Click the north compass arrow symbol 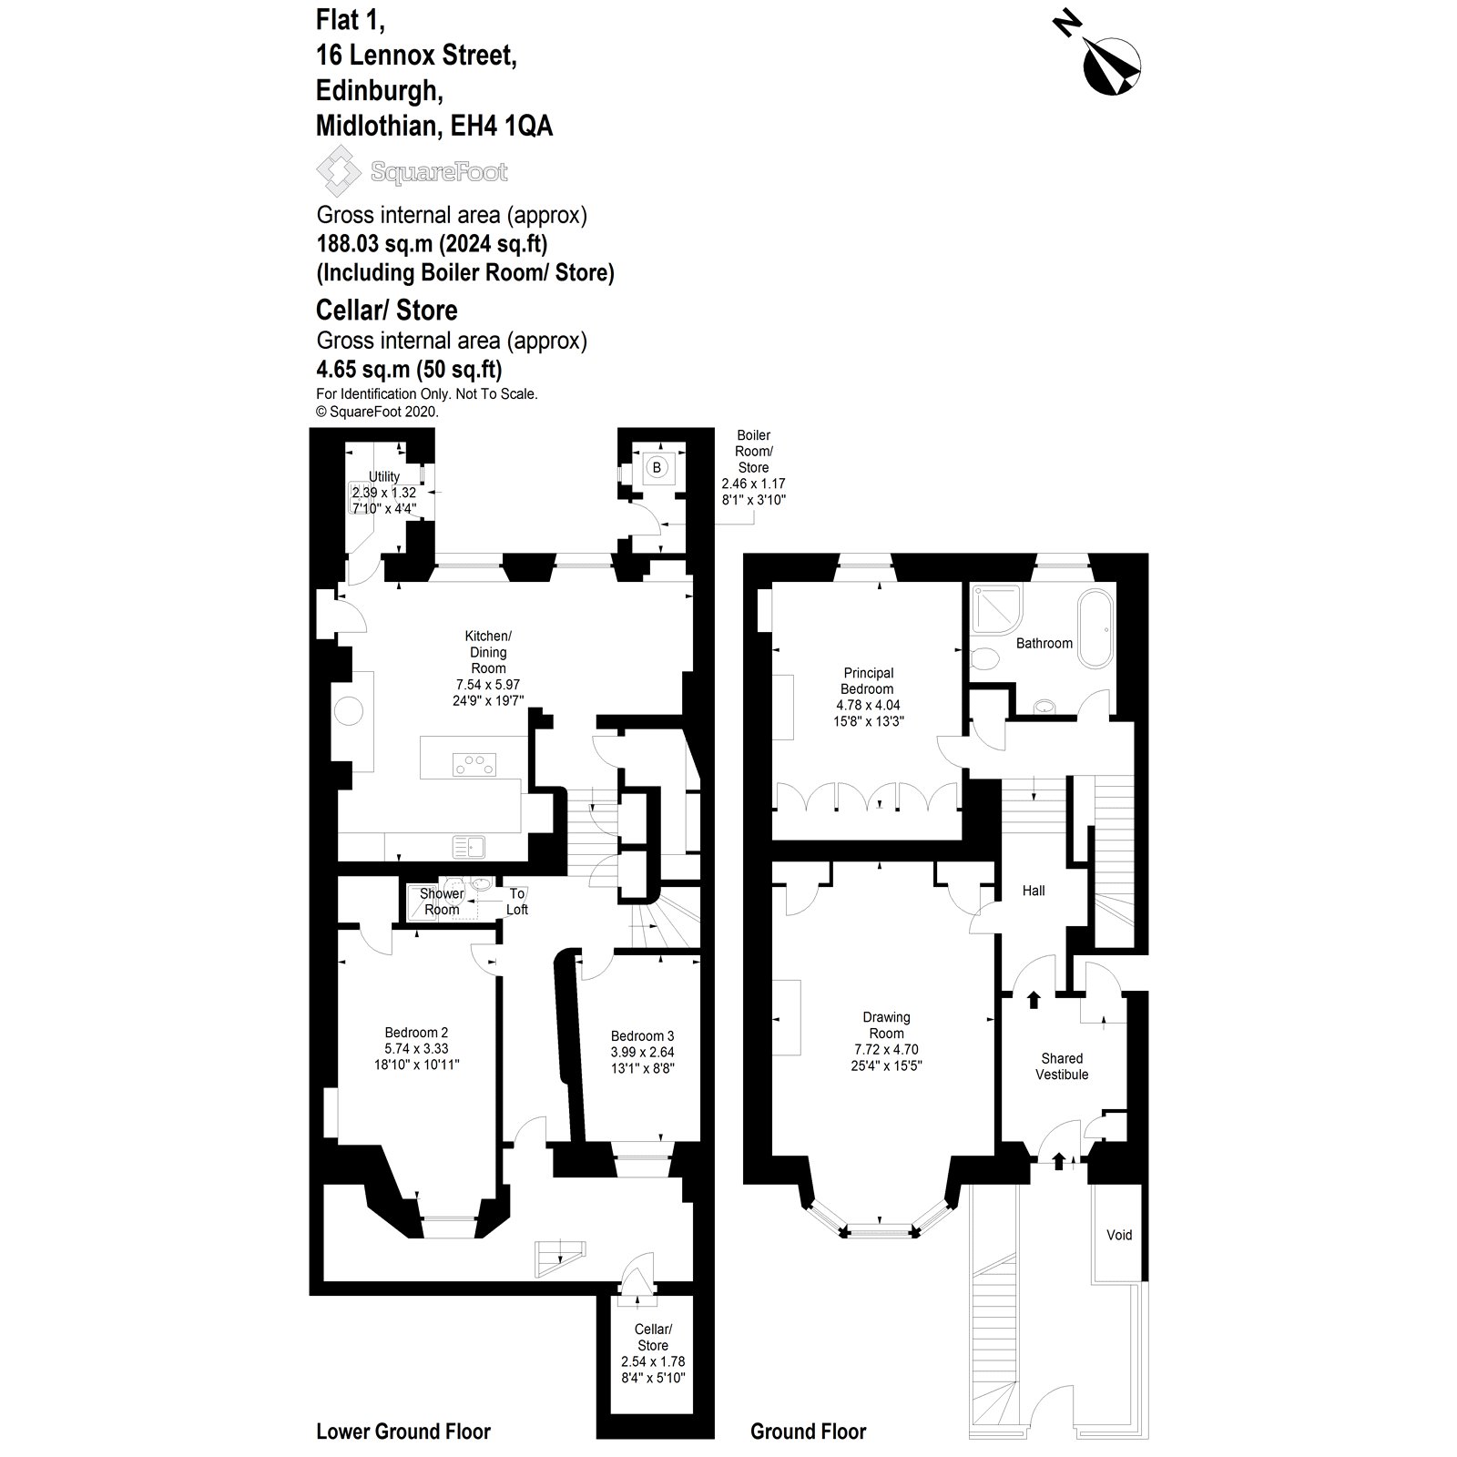(1111, 66)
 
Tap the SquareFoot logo (412, 171)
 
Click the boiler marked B (657, 468)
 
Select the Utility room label (384, 476)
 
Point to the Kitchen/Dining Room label (488, 652)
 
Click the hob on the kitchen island (474, 765)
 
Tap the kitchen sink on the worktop (469, 847)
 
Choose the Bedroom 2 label (416, 1033)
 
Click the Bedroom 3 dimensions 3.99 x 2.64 (642, 1053)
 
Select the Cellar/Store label (653, 1337)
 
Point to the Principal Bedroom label (868, 681)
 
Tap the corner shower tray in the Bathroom (992, 607)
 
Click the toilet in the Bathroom (983, 658)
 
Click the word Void (1119, 1235)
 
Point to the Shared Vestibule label (1062, 1066)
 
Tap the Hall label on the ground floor (1034, 891)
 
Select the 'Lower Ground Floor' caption (402, 1432)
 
